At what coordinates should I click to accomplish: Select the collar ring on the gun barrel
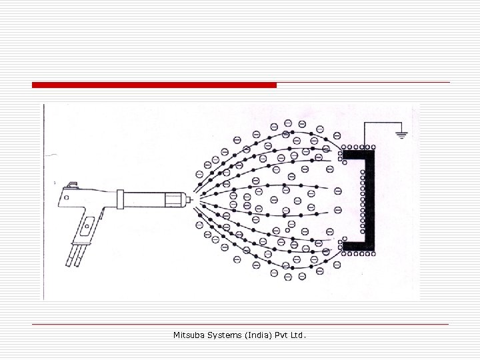[121, 199]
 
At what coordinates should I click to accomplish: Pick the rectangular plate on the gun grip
[87, 228]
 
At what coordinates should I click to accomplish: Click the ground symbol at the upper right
[401, 134]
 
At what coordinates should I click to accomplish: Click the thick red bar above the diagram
[154, 85]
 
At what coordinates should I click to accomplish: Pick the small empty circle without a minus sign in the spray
[287, 231]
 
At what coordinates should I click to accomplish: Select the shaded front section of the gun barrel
[173, 199]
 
